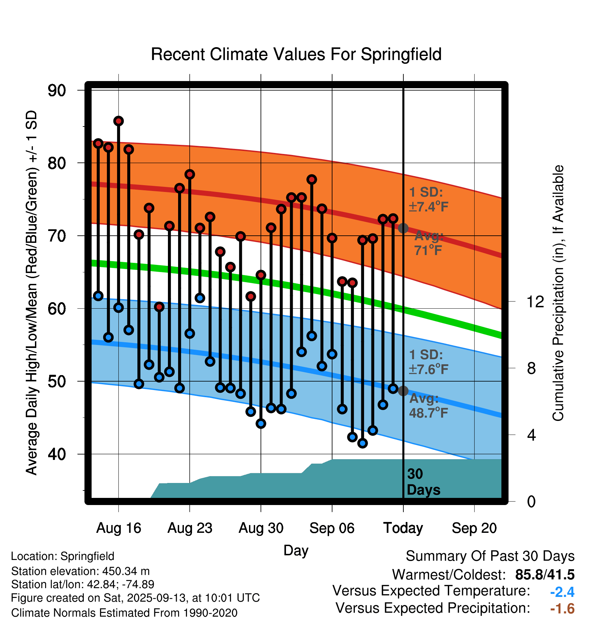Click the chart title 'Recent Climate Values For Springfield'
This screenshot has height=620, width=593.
pos(296,54)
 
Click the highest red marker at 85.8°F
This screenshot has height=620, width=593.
pos(118,121)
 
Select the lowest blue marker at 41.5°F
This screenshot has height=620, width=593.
pos(362,443)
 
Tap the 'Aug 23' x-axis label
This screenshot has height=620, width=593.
pos(190,528)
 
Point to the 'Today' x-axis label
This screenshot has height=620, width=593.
pos(403,528)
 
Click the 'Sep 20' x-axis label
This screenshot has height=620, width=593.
pos(474,528)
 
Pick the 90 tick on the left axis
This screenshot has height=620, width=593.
pos(57,91)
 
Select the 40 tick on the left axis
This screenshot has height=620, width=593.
pos(57,454)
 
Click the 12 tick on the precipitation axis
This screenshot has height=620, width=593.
pos(535,302)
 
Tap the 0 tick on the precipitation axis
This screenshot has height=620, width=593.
pos(531,501)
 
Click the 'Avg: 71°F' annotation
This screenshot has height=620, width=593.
pos(428,243)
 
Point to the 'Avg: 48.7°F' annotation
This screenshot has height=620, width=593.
pos(428,406)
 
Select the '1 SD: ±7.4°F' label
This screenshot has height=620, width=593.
pos(428,199)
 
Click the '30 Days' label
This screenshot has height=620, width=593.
pos(423,482)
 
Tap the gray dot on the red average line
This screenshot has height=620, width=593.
pos(403,228)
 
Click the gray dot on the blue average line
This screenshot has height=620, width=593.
pos(403,391)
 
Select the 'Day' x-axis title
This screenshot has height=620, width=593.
pos(296,550)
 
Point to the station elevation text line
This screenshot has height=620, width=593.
pos(80,571)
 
